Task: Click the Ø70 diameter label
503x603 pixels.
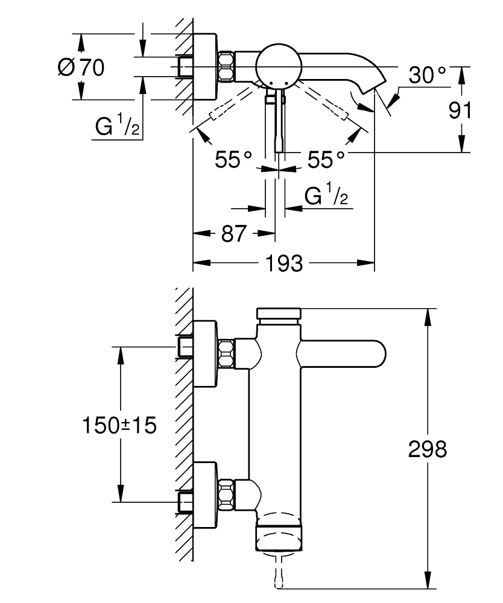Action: point(81,68)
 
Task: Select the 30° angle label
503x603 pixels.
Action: point(427,75)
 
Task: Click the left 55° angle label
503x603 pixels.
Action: point(233,160)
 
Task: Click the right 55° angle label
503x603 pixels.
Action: point(326,160)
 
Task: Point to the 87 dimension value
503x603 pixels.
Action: point(233,233)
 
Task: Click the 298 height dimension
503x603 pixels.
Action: point(428,449)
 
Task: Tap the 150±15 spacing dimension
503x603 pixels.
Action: point(119,425)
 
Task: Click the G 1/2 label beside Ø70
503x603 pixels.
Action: point(118,127)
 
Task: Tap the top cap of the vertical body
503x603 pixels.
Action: point(279,314)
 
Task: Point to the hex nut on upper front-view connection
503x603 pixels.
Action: point(226,352)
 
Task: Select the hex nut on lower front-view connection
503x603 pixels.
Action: point(226,491)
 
